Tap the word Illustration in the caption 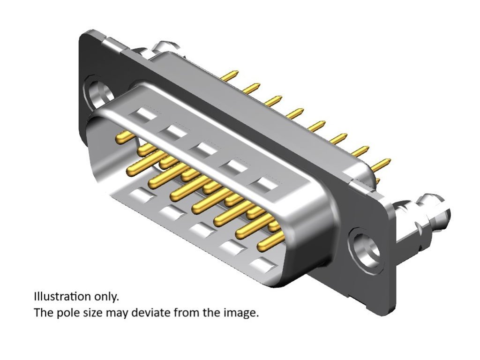(62, 297)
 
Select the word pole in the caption (69, 313)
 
